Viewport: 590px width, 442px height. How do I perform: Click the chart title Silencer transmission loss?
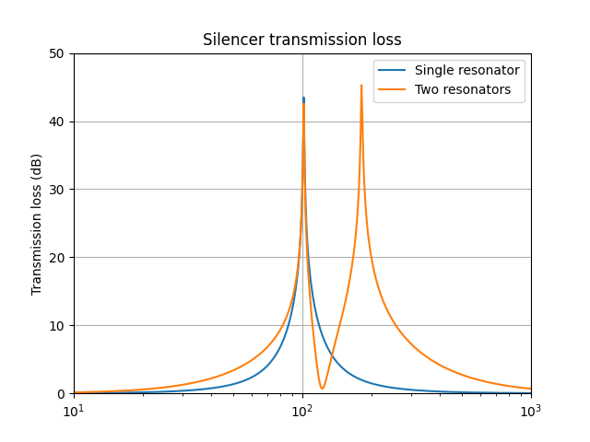(302, 41)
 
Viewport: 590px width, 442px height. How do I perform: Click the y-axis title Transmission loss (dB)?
(37, 224)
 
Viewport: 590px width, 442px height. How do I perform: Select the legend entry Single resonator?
(466, 70)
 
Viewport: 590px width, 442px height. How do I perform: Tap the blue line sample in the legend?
(394, 71)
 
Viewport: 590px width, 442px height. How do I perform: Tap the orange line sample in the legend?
(394, 89)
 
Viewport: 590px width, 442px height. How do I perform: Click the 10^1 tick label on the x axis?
(74, 411)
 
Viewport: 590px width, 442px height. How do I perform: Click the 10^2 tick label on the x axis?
(302, 411)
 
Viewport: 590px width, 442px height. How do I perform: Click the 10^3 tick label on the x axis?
(531, 411)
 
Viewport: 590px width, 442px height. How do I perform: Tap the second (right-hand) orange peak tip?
(361, 86)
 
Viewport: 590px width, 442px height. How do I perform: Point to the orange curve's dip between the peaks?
(322, 388)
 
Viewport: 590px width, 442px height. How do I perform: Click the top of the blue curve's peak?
(303, 98)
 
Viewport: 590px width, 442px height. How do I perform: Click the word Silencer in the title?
(231, 41)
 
